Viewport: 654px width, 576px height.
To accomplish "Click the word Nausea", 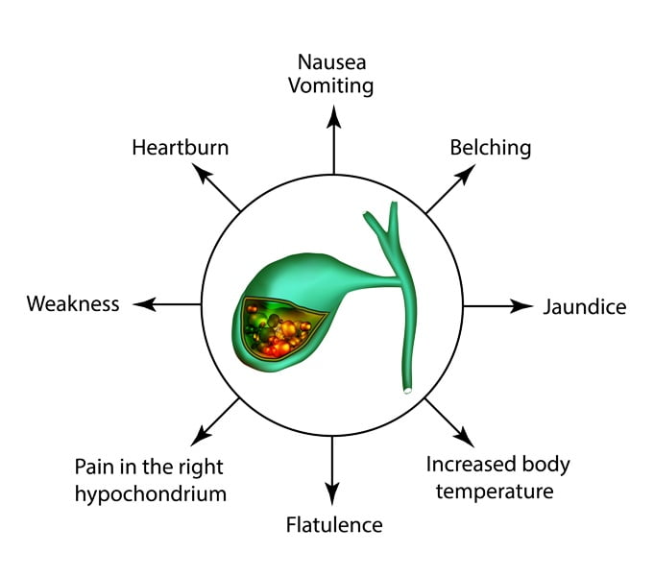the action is (331, 62).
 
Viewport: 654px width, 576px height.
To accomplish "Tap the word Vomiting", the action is (330, 86).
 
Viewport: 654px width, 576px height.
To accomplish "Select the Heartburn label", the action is (181, 148).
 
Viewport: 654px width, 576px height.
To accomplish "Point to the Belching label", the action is (490, 149).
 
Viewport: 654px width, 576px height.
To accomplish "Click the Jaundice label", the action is (584, 307).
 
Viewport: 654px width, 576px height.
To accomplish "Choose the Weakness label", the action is (73, 303).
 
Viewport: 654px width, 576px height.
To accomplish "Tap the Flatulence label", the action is (334, 525).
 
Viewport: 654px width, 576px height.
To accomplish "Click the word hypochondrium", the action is (151, 494).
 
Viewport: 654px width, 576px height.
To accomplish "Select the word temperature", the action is (495, 492).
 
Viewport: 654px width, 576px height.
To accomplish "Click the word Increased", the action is (468, 465).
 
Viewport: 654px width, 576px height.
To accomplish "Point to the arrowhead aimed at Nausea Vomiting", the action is (333, 116).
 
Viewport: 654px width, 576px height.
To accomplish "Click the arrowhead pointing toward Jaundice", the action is (521, 306).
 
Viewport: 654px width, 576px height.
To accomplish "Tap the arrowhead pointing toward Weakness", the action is (145, 304).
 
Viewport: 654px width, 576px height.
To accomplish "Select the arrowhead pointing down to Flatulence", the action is (332, 493).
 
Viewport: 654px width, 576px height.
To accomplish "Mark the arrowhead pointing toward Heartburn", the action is (202, 173).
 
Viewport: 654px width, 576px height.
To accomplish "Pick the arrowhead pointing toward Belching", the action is (465, 175).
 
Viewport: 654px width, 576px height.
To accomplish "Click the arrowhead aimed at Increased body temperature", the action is (464, 437).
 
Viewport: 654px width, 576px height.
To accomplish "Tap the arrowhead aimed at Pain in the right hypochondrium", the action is (201, 436).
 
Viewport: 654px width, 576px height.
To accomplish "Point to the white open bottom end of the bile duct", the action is (407, 391).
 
